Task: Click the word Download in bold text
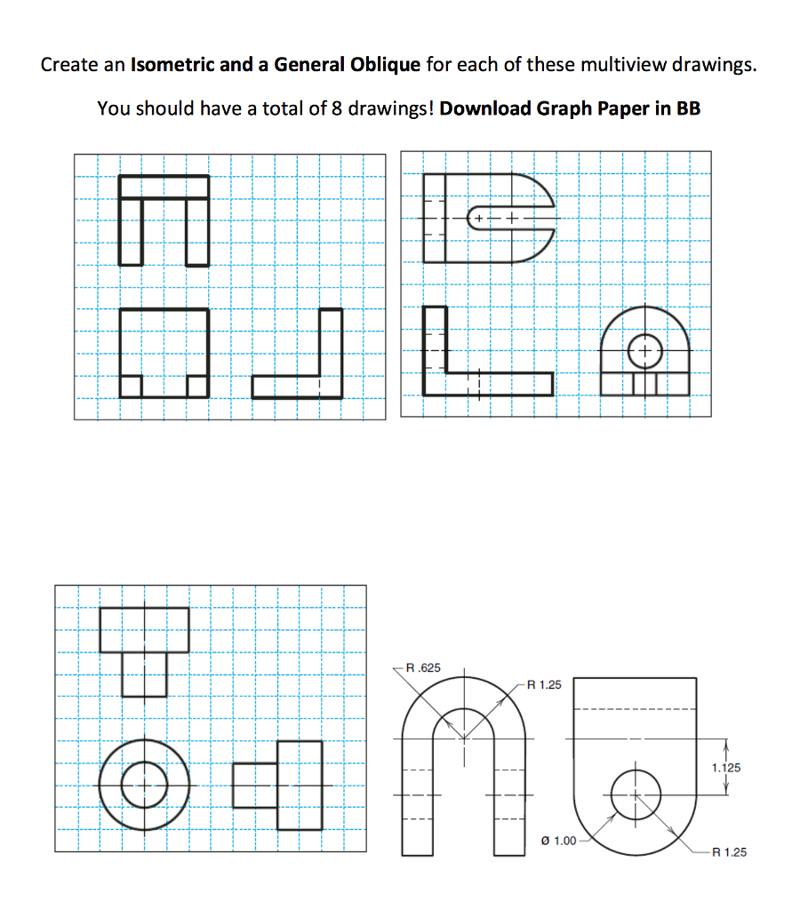[485, 108]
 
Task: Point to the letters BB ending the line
[688, 108]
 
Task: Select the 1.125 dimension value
[727, 766]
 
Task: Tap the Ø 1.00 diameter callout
[558, 840]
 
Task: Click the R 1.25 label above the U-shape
[545, 684]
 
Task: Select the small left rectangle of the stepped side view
[255, 785]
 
